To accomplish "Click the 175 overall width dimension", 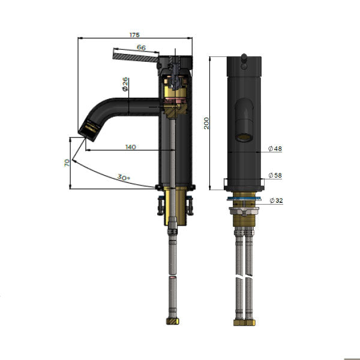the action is pyautogui.click(x=134, y=35).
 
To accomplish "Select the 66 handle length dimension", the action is pyautogui.click(x=141, y=47).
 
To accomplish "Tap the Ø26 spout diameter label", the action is pyautogui.click(x=125, y=84).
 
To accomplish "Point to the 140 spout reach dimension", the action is pyautogui.click(x=131, y=147).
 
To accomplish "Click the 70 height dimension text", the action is pyautogui.click(x=67, y=163).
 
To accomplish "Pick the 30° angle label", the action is pyautogui.click(x=124, y=177).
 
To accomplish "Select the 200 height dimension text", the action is pyautogui.click(x=206, y=123).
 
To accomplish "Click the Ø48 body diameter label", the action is pyautogui.click(x=275, y=149).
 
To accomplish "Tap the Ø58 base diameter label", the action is pyautogui.click(x=275, y=175).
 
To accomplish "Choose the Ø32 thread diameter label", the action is pyautogui.click(x=276, y=200).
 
